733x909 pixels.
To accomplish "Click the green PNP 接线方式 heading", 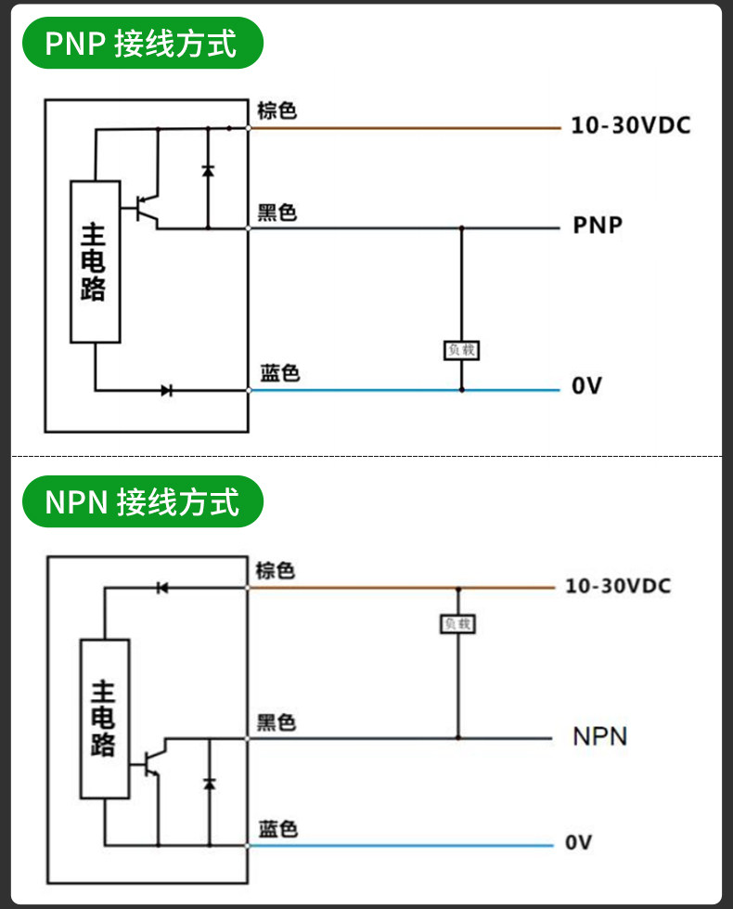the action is tap(143, 43).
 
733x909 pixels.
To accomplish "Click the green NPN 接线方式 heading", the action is tap(143, 501).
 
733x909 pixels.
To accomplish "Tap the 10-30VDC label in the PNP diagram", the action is tap(631, 125).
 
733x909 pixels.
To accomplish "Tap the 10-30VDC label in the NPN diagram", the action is tap(618, 586).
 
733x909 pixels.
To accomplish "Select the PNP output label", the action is tap(598, 225).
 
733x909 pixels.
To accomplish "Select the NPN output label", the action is tap(599, 737).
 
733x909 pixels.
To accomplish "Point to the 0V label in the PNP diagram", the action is tap(586, 385).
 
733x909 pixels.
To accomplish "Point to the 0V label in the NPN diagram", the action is tap(579, 842).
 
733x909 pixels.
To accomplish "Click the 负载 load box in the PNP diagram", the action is tap(461, 350).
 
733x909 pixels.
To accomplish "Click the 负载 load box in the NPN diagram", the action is tap(457, 624).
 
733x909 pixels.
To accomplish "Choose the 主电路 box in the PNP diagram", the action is tap(96, 262).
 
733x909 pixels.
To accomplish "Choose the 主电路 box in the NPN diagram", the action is tap(105, 719).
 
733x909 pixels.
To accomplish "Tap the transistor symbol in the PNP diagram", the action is tap(146, 209).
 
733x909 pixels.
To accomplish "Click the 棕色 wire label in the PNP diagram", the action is tap(277, 110).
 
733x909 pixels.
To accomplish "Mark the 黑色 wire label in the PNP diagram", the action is tap(277, 213).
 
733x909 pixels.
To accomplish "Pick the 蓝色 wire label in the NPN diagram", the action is tap(278, 829).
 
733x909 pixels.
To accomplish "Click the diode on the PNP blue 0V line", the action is tap(167, 390).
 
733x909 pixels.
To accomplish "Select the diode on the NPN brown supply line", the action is tap(162, 588).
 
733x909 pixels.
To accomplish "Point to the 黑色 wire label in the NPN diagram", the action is tap(276, 723).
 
